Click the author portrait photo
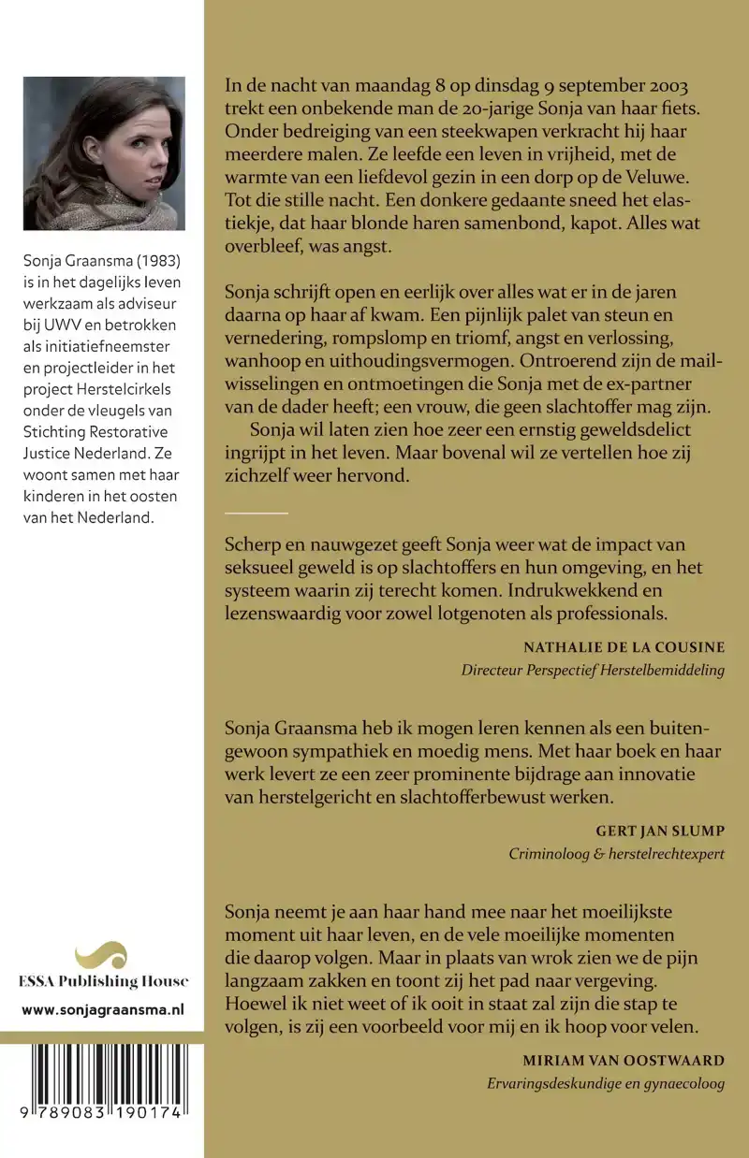tap(103, 152)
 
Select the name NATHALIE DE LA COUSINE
tap(624, 647)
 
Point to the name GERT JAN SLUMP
tap(660, 831)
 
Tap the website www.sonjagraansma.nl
tap(102, 1009)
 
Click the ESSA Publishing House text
tap(102, 981)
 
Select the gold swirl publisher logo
tap(101, 955)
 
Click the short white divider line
tap(257, 513)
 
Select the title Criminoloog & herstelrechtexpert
tap(616, 854)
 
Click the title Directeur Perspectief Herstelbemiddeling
tap(593, 671)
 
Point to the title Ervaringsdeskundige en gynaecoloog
tap(606, 1085)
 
